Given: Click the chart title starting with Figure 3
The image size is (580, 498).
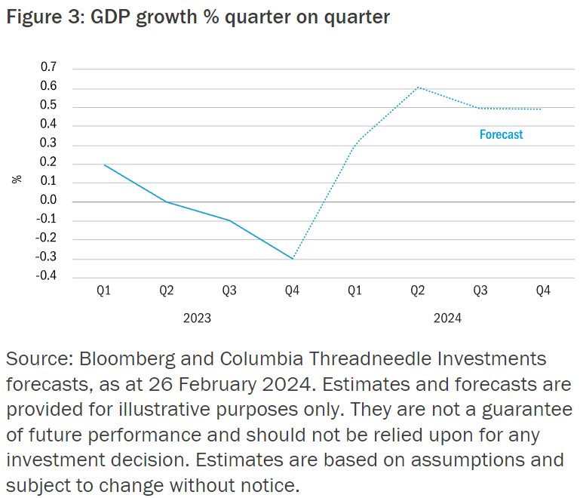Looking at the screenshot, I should click(198, 17).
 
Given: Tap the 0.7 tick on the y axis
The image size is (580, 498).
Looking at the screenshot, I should click(48, 68).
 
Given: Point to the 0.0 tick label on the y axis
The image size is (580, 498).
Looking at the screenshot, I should click(48, 201).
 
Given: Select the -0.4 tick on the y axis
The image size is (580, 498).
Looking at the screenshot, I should click(47, 277).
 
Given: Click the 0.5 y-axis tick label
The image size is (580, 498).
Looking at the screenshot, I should click(48, 106).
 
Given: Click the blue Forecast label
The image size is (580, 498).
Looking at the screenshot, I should click(501, 134).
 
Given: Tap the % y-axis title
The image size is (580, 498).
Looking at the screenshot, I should click(17, 179).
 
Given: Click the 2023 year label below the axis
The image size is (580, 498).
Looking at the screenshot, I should click(197, 318).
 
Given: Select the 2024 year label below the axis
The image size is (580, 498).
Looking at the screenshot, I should click(447, 318).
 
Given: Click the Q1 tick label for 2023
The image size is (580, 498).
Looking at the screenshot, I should click(104, 291).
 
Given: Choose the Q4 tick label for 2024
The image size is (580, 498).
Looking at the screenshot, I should click(542, 291).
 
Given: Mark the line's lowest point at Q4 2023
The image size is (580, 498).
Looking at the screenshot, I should click(292, 259).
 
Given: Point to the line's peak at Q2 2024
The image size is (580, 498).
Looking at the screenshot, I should click(418, 88).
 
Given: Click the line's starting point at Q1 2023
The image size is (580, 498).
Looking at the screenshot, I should click(104, 164).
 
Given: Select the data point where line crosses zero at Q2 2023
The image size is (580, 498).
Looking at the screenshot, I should click(167, 201).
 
